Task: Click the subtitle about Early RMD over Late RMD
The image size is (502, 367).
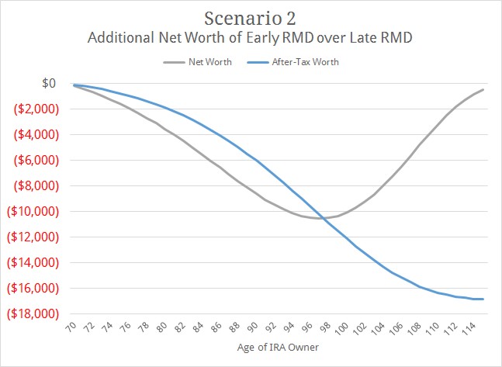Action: [x=251, y=37]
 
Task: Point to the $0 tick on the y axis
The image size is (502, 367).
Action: [x=47, y=83]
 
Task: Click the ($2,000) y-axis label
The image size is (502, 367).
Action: [x=33, y=109]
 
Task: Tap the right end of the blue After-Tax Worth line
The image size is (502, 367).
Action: [x=483, y=299]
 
